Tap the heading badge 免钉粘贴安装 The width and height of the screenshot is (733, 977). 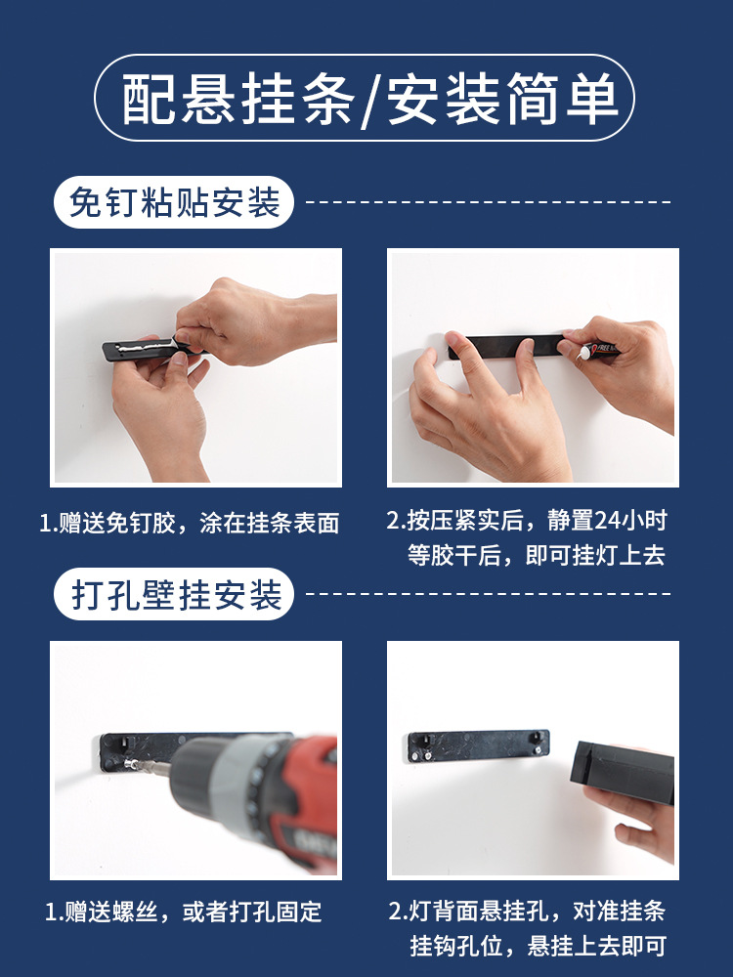(x=175, y=202)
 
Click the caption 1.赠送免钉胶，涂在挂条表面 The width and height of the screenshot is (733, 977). (x=190, y=524)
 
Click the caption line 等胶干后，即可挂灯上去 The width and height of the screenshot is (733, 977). (x=537, y=555)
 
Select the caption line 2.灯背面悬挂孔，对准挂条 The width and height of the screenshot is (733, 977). (x=527, y=911)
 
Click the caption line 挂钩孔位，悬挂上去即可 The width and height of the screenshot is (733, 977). (x=537, y=946)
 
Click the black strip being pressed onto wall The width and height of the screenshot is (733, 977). (x=508, y=347)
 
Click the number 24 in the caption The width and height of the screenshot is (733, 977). (x=612, y=520)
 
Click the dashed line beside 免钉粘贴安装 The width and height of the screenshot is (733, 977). (x=489, y=202)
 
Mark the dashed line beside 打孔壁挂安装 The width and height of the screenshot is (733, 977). (x=489, y=593)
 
